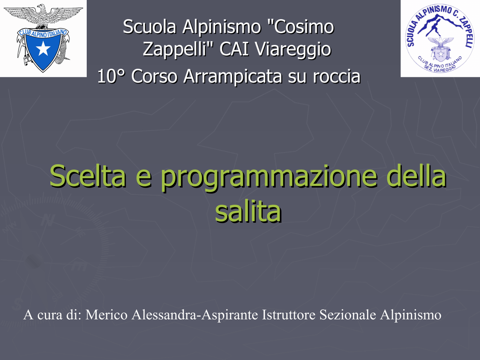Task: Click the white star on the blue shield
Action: coord(43,48)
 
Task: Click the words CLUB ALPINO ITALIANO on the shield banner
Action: coord(43,33)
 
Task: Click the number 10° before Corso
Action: coord(112,76)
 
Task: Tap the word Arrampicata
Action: coord(232,76)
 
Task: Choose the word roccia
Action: coord(337,76)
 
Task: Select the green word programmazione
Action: coord(269,178)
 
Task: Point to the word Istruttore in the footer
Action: coord(289,315)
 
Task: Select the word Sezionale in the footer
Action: coord(348,315)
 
